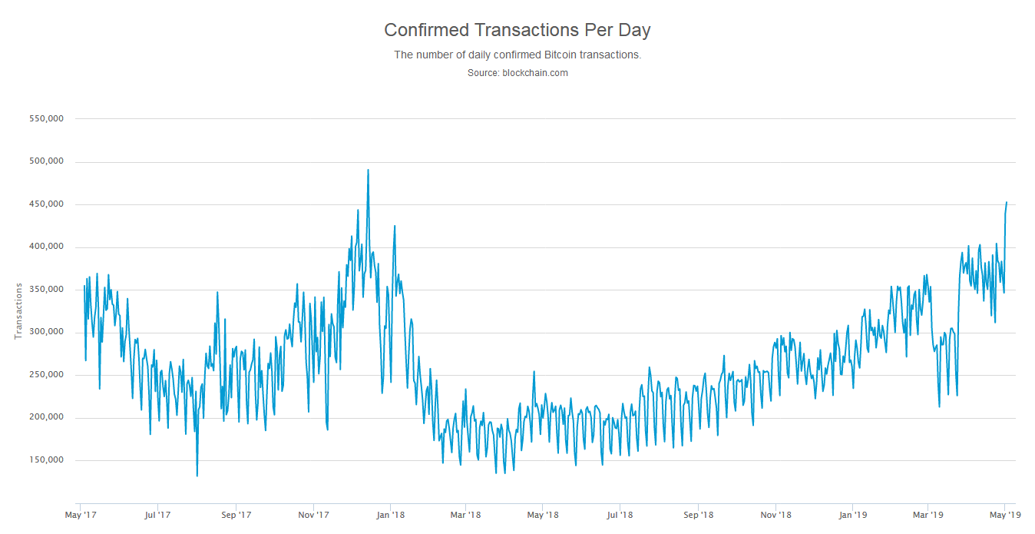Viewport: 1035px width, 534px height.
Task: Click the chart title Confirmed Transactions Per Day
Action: tap(517, 30)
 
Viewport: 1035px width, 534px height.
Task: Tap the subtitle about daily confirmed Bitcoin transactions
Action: tap(517, 55)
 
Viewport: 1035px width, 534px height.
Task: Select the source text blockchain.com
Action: tap(517, 73)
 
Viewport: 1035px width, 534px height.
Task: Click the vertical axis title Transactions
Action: tap(18, 311)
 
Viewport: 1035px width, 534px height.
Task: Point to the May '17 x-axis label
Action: tap(80, 515)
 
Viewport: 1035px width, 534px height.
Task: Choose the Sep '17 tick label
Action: tap(236, 515)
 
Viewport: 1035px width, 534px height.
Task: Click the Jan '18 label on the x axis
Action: tap(390, 515)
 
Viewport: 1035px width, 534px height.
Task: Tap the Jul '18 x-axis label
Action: tap(620, 515)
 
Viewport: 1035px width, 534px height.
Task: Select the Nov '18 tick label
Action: tap(775, 515)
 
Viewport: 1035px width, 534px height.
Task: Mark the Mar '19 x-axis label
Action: tap(928, 515)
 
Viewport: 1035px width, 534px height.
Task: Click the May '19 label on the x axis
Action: tap(1004, 515)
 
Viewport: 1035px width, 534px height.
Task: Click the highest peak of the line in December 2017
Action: tap(368, 170)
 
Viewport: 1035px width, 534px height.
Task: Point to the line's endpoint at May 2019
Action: tap(1007, 203)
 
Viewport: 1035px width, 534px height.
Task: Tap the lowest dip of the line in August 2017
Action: tap(197, 476)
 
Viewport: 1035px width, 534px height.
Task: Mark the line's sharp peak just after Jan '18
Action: tap(395, 226)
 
